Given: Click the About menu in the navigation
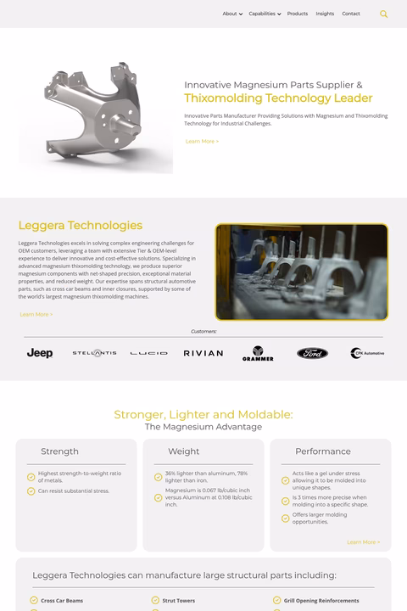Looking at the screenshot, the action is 231,14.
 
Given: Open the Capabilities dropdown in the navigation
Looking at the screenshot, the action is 264,14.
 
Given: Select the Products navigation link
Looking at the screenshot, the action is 298,14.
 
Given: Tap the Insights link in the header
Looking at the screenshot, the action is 325,14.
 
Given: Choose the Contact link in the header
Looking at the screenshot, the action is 351,14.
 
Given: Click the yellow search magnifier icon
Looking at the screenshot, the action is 384,14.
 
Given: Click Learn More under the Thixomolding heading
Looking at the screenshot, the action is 202,141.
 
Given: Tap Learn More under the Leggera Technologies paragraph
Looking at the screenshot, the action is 36,314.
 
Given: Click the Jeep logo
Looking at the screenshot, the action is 40,353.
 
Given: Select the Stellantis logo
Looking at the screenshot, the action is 94,352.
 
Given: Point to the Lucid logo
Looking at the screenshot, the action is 148,353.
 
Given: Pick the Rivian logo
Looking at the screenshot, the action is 203,353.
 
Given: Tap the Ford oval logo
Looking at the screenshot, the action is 312,353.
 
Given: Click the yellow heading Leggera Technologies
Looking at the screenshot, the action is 81,226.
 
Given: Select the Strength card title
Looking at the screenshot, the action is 59,451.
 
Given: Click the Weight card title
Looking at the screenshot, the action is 184,451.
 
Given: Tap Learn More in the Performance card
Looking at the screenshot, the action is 363,541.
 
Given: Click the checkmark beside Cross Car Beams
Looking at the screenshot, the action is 34,601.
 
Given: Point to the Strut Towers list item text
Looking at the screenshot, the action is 179,601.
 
